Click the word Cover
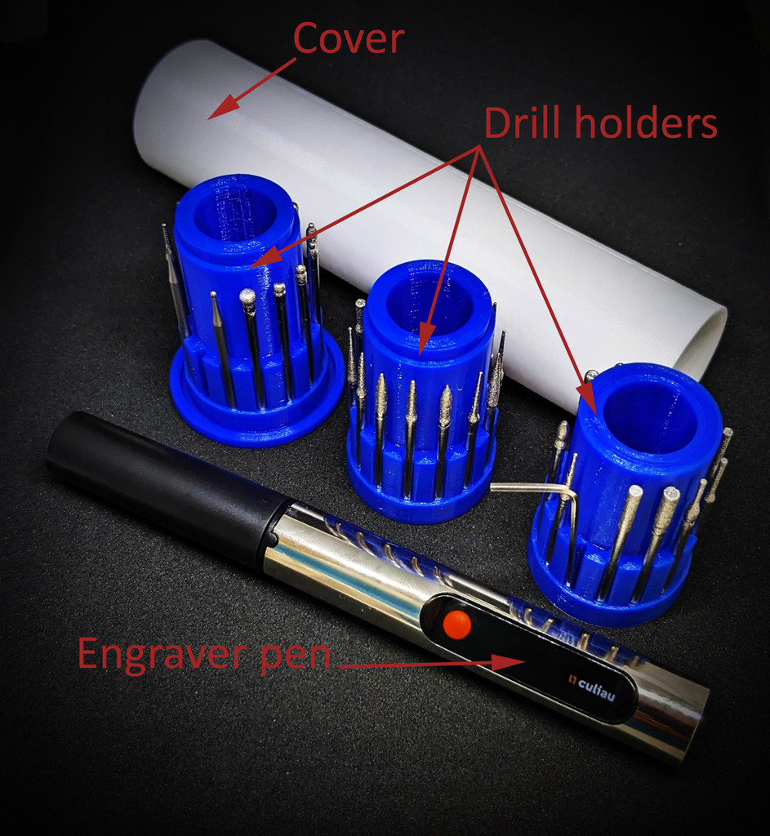(x=348, y=38)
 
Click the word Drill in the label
(x=524, y=122)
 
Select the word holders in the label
(x=646, y=122)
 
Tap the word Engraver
(x=163, y=656)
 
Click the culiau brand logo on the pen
(x=591, y=687)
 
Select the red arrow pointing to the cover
(x=251, y=88)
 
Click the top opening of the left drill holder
(x=235, y=214)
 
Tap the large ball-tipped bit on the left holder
(x=251, y=346)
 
